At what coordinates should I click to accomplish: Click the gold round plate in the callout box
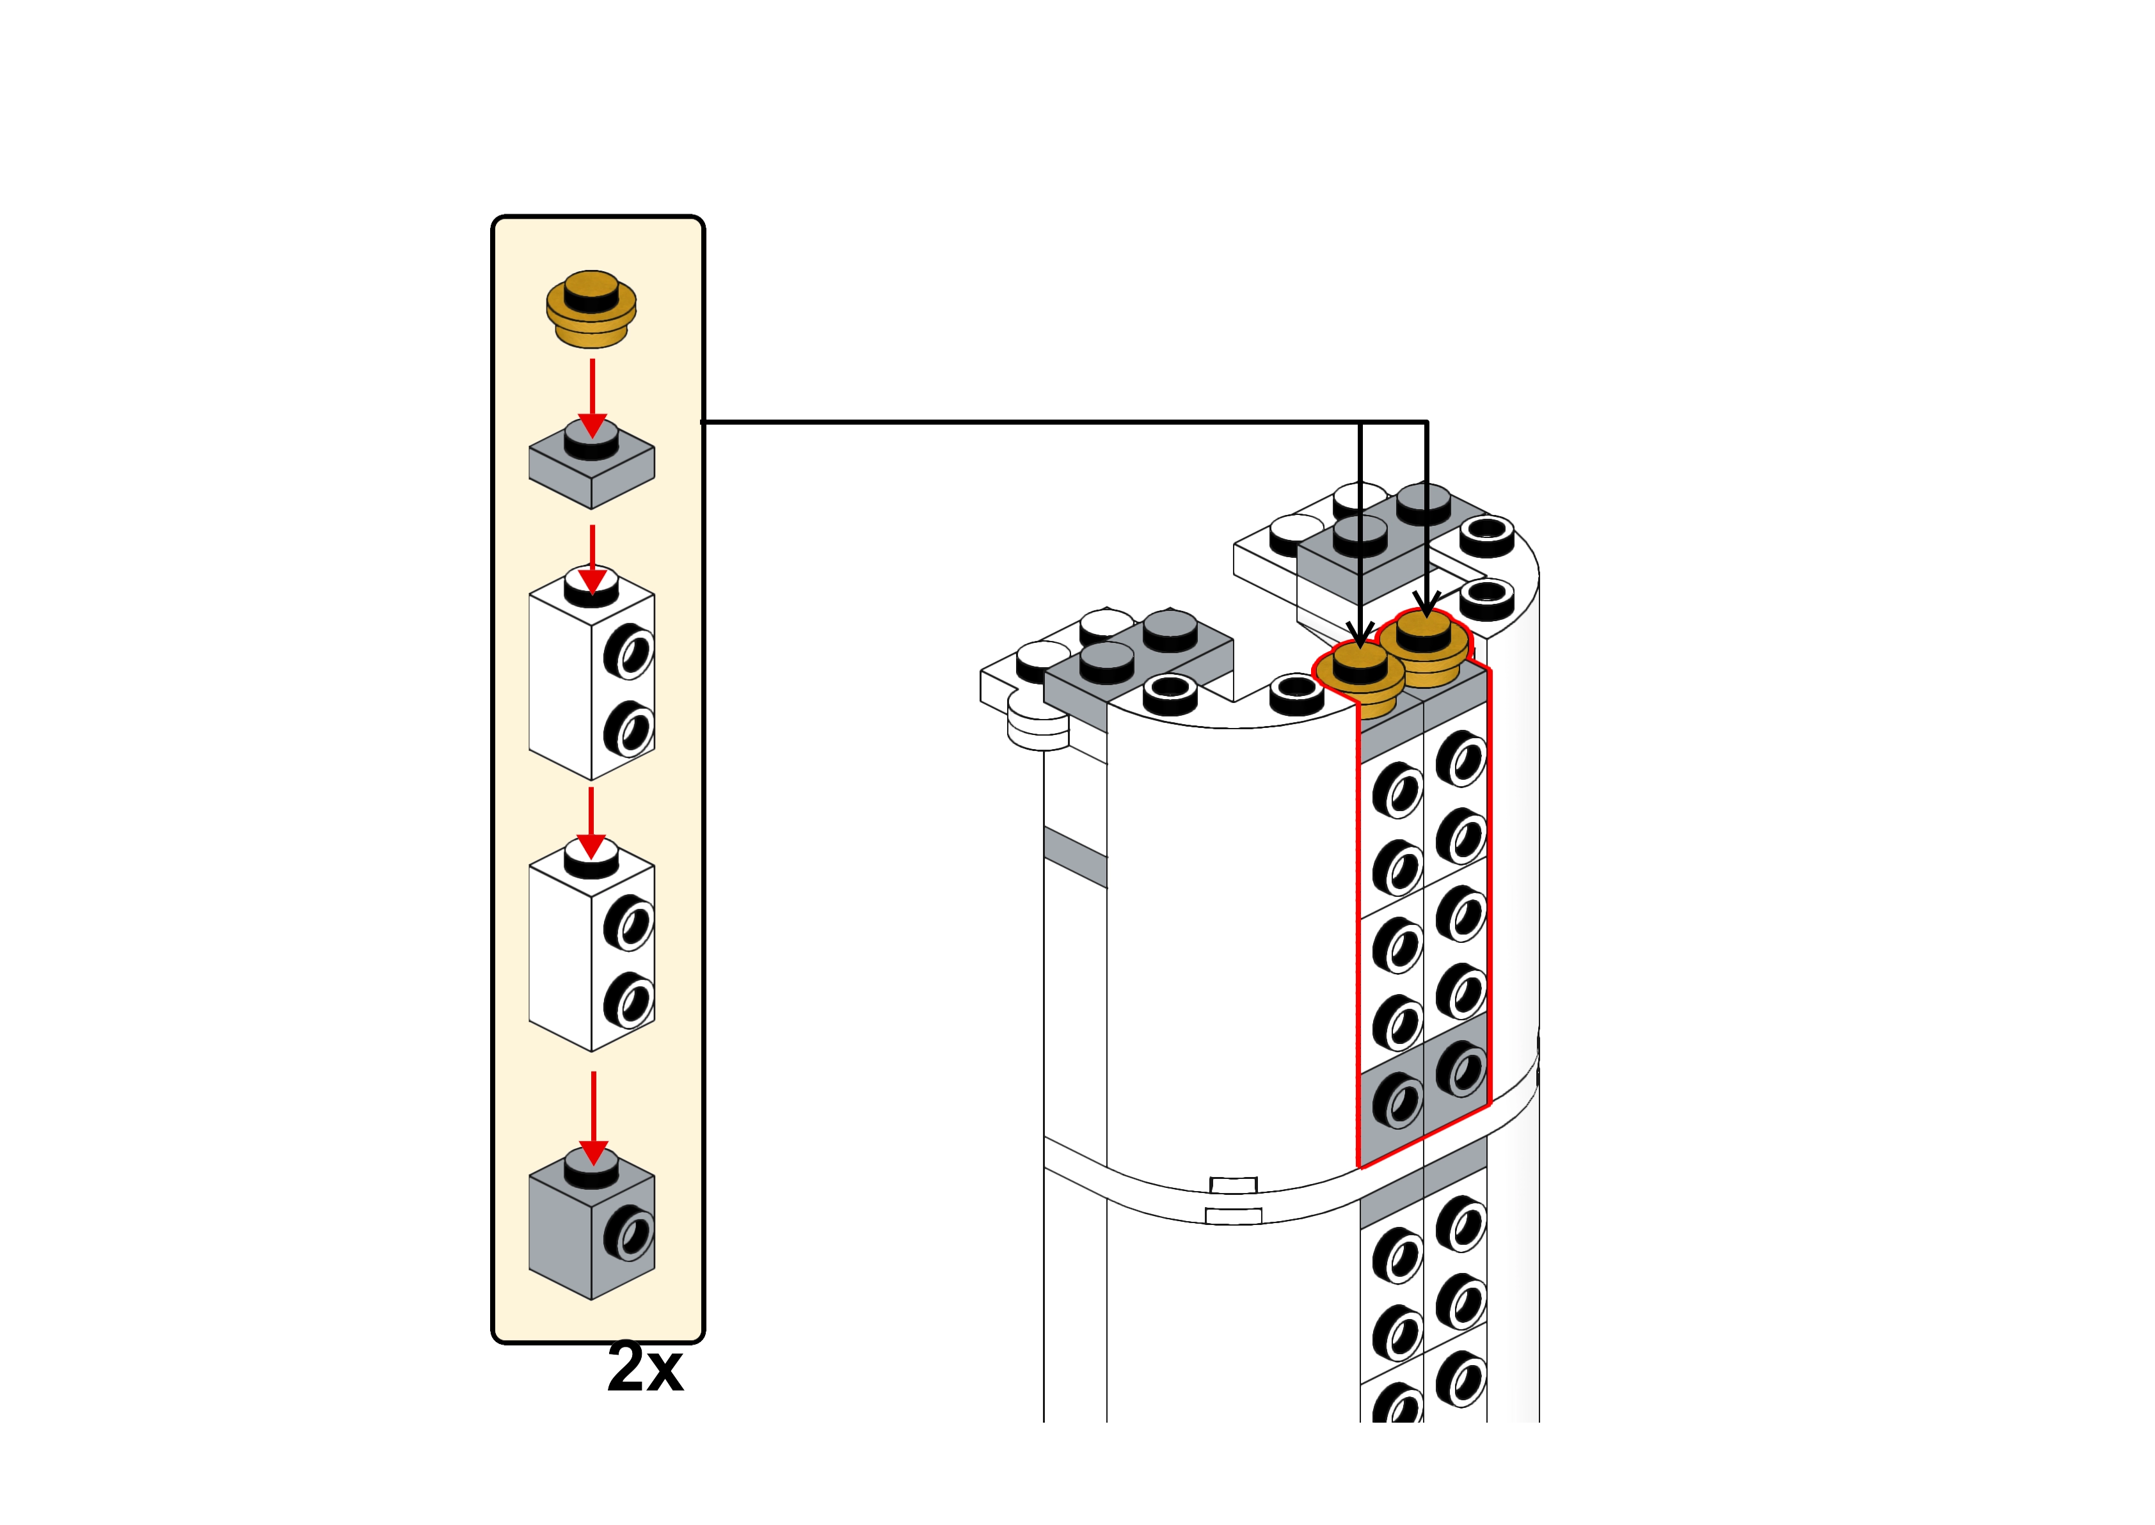click(592, 309)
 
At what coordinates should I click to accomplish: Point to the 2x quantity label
click(645, 1367)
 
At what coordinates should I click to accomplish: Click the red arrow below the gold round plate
click(592, 398)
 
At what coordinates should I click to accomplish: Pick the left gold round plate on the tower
click(1359, 679)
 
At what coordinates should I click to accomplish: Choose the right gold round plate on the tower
click(1424, 648)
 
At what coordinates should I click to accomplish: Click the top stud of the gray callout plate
click(592, 439)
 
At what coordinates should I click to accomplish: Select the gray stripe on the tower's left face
click(1075, 857)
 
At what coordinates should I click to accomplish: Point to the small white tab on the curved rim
click(1234, 1185)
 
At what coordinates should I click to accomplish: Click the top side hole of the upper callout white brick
click(628, 652)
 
